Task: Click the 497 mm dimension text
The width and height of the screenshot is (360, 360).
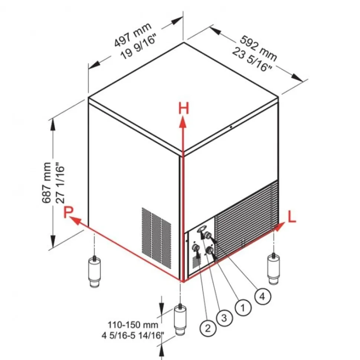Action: (133, 34)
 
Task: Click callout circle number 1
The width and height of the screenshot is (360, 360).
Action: (243, 307)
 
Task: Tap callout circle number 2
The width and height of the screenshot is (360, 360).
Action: (207, 327)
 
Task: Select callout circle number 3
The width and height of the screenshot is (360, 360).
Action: (225, 318)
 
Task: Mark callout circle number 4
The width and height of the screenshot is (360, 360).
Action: (262, 296)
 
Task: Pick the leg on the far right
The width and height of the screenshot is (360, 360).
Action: (274, 268)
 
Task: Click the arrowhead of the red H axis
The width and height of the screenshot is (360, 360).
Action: (183, 121)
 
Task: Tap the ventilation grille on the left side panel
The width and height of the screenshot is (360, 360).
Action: (156, 237)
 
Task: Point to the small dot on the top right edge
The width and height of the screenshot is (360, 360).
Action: (231, 127)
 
